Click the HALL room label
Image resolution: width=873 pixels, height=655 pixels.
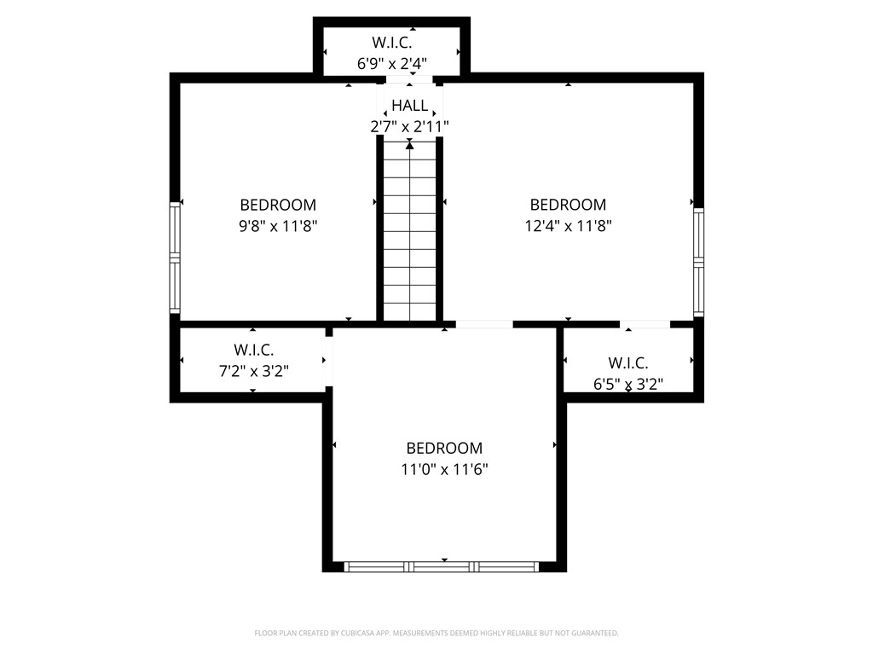(410, 105)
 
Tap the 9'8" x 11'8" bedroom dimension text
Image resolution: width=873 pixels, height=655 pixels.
(278, 226)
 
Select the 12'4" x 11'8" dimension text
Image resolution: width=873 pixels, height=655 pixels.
(568, 226)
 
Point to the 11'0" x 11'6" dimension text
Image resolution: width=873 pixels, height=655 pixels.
(444, 470)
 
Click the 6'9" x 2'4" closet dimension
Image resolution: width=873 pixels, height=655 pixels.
(392, 63)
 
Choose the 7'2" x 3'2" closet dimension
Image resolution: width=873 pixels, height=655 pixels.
(254, 371)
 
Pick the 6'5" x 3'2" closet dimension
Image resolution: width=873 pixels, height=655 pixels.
(628, 384)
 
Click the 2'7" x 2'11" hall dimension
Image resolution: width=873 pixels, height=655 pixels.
(410, 127)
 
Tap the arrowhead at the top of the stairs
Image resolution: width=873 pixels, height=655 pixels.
(410, 145)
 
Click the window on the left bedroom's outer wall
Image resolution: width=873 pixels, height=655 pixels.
(175, 258)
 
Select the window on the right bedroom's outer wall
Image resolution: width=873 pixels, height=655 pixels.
(698, 263)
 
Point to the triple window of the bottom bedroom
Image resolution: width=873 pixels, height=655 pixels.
(442, 567)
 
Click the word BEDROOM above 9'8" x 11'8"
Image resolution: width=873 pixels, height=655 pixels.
(278, 205)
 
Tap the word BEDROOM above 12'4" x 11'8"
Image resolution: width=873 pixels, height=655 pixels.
(568, 205)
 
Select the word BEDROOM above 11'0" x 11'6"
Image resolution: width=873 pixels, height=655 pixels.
(444, 449)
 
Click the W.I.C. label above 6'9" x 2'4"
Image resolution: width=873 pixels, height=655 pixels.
(392, 43)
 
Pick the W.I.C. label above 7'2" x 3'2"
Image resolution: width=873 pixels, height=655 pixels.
(254, 351)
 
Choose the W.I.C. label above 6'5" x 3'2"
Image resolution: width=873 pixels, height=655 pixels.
(628, 363)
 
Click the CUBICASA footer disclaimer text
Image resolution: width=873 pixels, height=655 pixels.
(436, 634)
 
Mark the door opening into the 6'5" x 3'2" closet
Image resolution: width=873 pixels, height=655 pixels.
(645, 324)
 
